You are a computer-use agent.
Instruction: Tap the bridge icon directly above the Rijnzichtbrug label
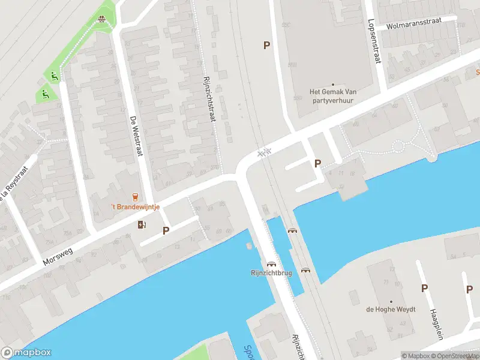pos(271,263)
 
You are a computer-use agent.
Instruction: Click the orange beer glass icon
pos(134,197)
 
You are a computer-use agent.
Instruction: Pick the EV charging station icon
pos(142,224)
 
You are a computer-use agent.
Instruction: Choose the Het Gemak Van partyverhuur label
pos(333,96)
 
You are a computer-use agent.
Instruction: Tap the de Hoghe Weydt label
pos(391,310)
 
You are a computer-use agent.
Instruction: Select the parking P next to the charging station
pos(166,230)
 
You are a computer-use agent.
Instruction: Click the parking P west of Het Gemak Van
pos(266,45)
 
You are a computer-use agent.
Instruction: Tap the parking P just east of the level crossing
pos(318,163)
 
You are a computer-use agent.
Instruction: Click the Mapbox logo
pos(26,353)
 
